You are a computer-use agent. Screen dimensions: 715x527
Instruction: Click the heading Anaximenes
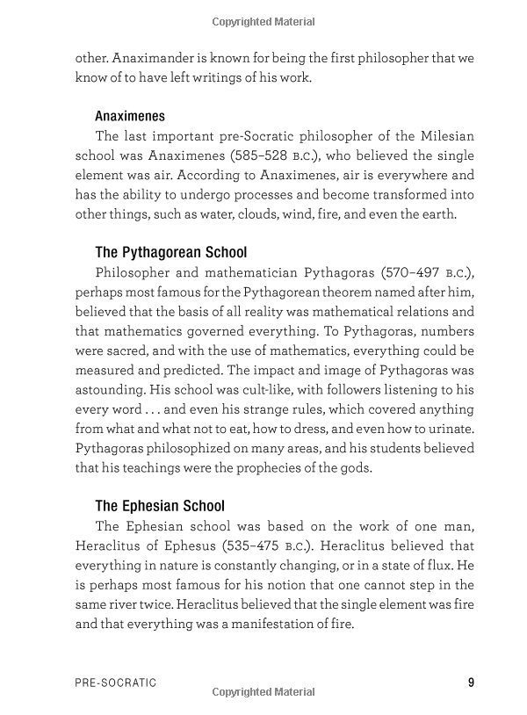point(130,115)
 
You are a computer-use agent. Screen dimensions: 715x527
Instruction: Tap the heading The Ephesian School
point(160,506)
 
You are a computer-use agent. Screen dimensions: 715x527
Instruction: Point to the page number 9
point(472,682)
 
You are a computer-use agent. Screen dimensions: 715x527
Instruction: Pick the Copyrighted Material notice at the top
point(263,21)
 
